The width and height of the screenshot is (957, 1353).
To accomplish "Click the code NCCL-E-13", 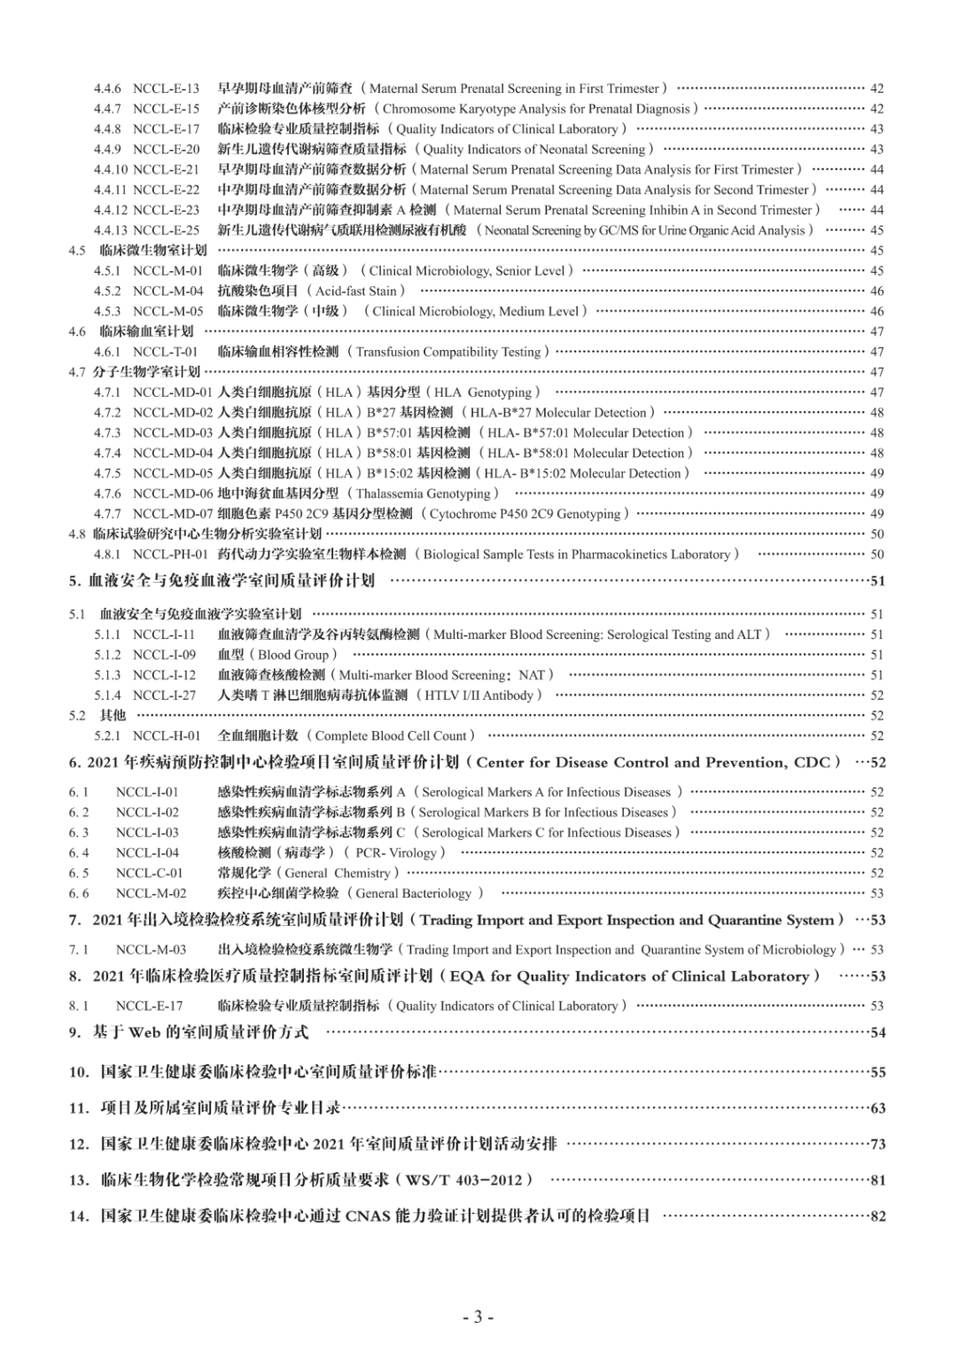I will point(166,89).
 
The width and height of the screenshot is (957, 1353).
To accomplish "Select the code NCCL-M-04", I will point(167,291).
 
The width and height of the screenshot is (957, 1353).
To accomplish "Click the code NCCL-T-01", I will point(166,352).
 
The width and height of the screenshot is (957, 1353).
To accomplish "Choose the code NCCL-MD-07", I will point(173,514).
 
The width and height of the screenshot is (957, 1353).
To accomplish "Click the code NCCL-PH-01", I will point(170,555).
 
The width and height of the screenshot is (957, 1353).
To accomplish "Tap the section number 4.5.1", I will point(107,271).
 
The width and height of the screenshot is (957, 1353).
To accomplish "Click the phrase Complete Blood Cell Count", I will point(391,735).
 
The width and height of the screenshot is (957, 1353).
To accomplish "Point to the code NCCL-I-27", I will point(164,696).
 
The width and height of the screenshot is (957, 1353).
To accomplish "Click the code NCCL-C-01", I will point(149,873).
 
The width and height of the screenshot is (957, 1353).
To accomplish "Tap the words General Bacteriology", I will point(413,893).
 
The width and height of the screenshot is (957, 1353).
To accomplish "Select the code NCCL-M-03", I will point(151,950).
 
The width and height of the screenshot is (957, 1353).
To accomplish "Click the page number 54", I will point(878,1032).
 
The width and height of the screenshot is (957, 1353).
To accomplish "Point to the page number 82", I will point(878,1217).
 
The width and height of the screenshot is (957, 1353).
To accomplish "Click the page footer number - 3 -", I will point(478,1317).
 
